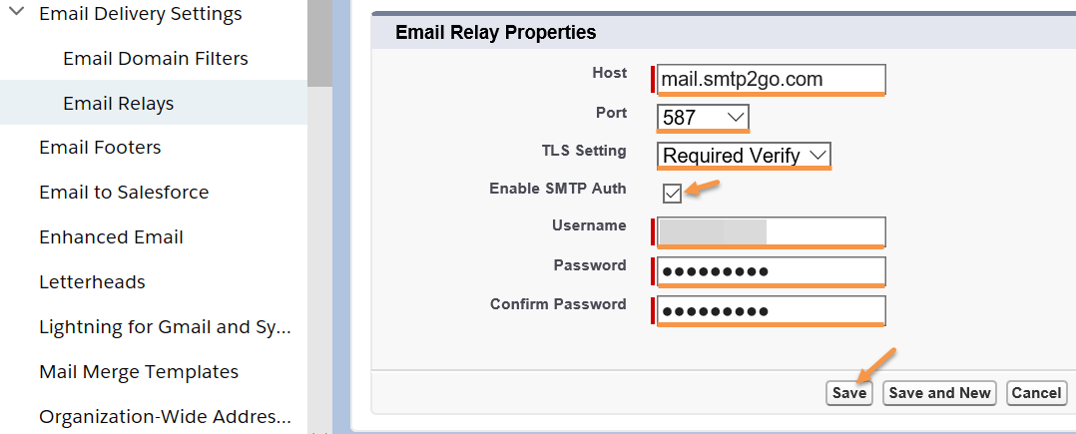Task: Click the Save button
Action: (x=848, y=393)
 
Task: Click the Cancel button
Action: (x=1036, y=393)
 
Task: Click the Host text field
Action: (x=772, y=80)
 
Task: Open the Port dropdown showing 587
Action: (x=703, y=118)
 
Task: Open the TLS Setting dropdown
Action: (x=744, y=156)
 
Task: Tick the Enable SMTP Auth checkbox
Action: (x=673, y=194)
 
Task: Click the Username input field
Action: (x=772, y=231)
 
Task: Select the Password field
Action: (x=772, y=271)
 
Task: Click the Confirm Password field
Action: (x=772, y=311)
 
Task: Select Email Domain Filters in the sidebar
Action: (x=156, y=58)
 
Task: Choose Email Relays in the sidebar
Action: (x=119, y=104)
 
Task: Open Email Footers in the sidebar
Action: (x=100, y=148)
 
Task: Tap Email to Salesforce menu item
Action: (x=124, y=192)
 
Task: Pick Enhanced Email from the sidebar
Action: (x=111, y=237)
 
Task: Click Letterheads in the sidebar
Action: (x=92, y=281)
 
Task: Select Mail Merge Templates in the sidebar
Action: (x=139, y=371)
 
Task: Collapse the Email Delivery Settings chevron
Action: (x=19, y=12)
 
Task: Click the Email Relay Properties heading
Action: (x=495, y=32)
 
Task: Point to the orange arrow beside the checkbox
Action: (x=702, y=188)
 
